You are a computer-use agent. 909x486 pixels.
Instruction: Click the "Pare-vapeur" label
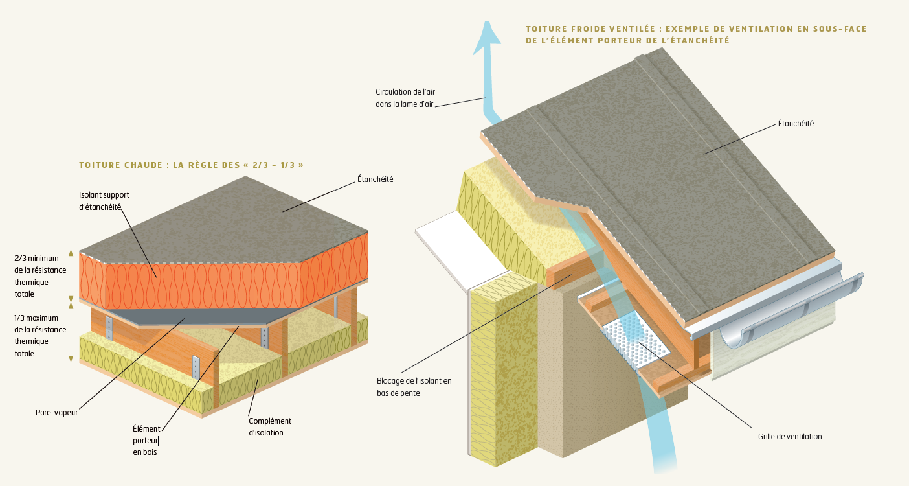[x=56, y=411]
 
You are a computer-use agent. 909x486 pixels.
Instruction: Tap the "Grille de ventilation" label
[x=789, y=437]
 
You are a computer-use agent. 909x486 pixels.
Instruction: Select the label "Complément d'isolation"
[x=270, y=426]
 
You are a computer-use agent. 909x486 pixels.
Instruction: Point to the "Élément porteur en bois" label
[x=146, y=440]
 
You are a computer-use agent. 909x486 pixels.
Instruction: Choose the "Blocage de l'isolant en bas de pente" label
[x=414, y=387]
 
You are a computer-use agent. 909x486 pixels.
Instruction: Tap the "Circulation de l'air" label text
[x=405, y=97]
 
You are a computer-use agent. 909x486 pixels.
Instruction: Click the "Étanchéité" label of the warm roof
[x=375, y=179]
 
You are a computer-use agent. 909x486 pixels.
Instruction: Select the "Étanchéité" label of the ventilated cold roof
[x=796, y=123]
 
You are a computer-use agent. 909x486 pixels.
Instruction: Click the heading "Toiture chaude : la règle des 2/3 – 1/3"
[x=191, y=165]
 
